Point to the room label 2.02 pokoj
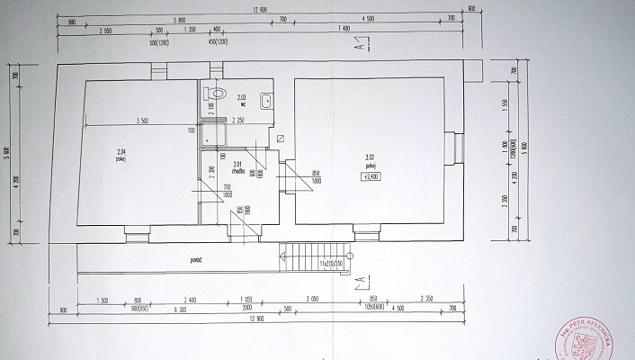tap(370, 163)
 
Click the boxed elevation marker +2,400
tap(371, 176)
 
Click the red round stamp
tap(597, 340)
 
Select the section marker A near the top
tap(358, 46)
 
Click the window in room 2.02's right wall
tap(457, 148)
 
